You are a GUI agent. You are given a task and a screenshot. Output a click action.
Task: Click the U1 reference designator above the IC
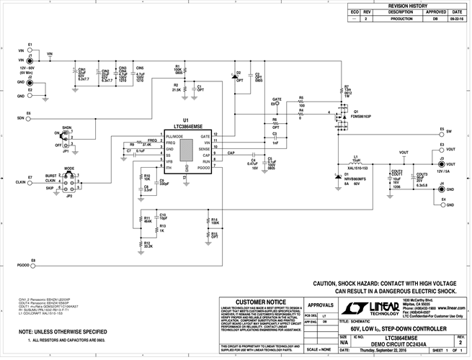(x=185, y=120)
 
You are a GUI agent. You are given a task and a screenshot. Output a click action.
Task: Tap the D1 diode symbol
(x=337, y=175)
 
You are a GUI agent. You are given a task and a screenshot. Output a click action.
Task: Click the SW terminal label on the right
(x=449, y=132)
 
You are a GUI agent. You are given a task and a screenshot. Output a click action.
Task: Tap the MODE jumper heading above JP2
(x=69, y=169)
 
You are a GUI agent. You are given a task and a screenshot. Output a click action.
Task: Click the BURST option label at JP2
(x=50, y=175)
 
